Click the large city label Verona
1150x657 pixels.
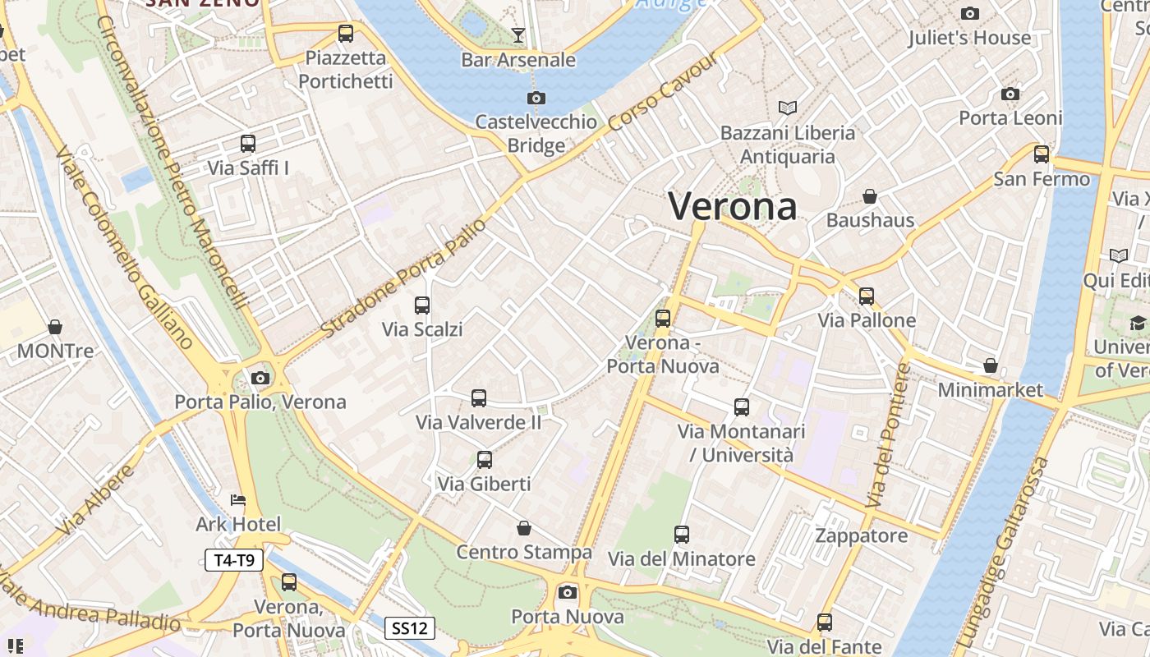[x=732, y=205]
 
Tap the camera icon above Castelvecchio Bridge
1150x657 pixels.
[x=536, y=99]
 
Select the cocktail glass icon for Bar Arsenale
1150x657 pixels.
[x=518, y=35]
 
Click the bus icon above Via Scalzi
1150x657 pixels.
[x=422, y=306]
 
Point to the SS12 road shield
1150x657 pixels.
[x=410, y=628]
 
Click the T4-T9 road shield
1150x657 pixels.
[x=234, y=561]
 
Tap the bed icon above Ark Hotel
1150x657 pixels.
[x=238, y=500]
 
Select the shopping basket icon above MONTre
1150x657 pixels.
[x=55, y=327]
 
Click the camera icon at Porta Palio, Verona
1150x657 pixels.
[x=260, y=378]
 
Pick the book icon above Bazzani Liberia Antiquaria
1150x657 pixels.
[x=788, y=108]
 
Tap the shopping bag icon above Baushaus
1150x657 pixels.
[x=870, y=196]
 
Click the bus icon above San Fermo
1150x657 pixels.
[x=1042, y=154]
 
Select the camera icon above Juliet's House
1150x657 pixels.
[x=970, y=14]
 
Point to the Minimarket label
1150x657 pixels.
[x=990, y=389]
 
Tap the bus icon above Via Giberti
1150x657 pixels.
[x=485, y=460]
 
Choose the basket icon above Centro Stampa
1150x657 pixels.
[x=524, y=528]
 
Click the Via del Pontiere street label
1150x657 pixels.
[x=889, y=435]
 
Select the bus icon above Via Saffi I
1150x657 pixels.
[x=248, y=144]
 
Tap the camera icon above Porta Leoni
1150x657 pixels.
[x=1010, y=94]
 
